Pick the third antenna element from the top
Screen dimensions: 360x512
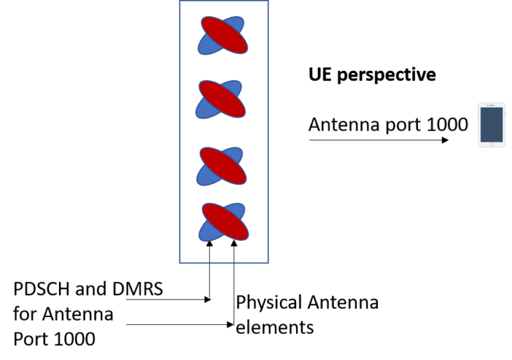click(x=222, y=166)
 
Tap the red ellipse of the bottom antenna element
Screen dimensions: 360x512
click(x=224, y=222)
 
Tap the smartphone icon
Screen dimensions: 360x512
click(x=491, y=126)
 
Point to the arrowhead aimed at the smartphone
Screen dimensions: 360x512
click(x=444, y=140)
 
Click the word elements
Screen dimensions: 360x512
click(x=274, y=327)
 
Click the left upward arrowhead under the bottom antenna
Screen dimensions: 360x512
click(x=210, y=244)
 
